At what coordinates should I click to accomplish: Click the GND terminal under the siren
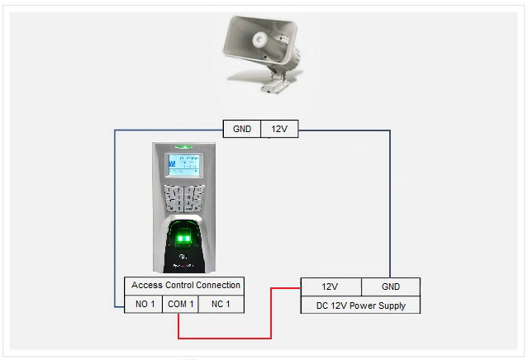tap(242, 129)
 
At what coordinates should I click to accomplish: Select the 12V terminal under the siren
tap(279, 129)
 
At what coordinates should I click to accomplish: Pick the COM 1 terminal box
tap(182, 304)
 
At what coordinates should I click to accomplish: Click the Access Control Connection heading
tap(186, 285)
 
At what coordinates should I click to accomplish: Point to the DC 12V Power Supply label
tap(360, 306)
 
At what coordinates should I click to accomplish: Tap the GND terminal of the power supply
tap(390, 287)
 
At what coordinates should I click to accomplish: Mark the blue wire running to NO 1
tap(115, 215)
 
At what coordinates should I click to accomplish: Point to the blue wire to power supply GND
tap(390, 206)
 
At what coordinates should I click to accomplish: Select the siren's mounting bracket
tap(277, 81)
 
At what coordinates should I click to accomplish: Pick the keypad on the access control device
tap(184, 200)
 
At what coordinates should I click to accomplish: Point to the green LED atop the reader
tap(185, 148)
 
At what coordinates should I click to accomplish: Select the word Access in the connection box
tap(147, 285)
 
